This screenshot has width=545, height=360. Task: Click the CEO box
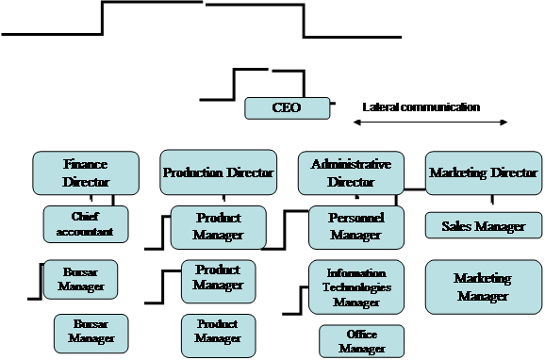(287, 108)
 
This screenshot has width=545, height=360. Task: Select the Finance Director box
(86, 172)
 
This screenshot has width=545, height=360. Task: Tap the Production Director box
(219, 172)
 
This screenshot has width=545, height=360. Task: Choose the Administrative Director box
(351, 172)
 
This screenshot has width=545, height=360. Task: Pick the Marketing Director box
(484, 172)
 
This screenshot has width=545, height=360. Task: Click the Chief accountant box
(92, 223)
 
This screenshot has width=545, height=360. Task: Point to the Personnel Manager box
(356, 227)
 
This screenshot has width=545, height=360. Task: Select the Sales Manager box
(483, 226)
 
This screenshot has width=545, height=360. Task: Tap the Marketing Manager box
(483, 286)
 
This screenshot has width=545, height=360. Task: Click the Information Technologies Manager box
(356, 286)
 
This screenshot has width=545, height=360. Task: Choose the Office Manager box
(362, 341)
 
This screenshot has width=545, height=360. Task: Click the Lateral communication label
(421, 107)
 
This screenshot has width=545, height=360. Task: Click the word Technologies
(356, 286)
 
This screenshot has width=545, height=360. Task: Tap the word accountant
(92, 231)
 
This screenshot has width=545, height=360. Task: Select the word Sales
(457, 226)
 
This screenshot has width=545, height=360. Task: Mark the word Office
(362, 335)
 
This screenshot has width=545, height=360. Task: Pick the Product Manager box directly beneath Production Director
(218, 227)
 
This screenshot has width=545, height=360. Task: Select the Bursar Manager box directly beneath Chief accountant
(81, 278)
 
